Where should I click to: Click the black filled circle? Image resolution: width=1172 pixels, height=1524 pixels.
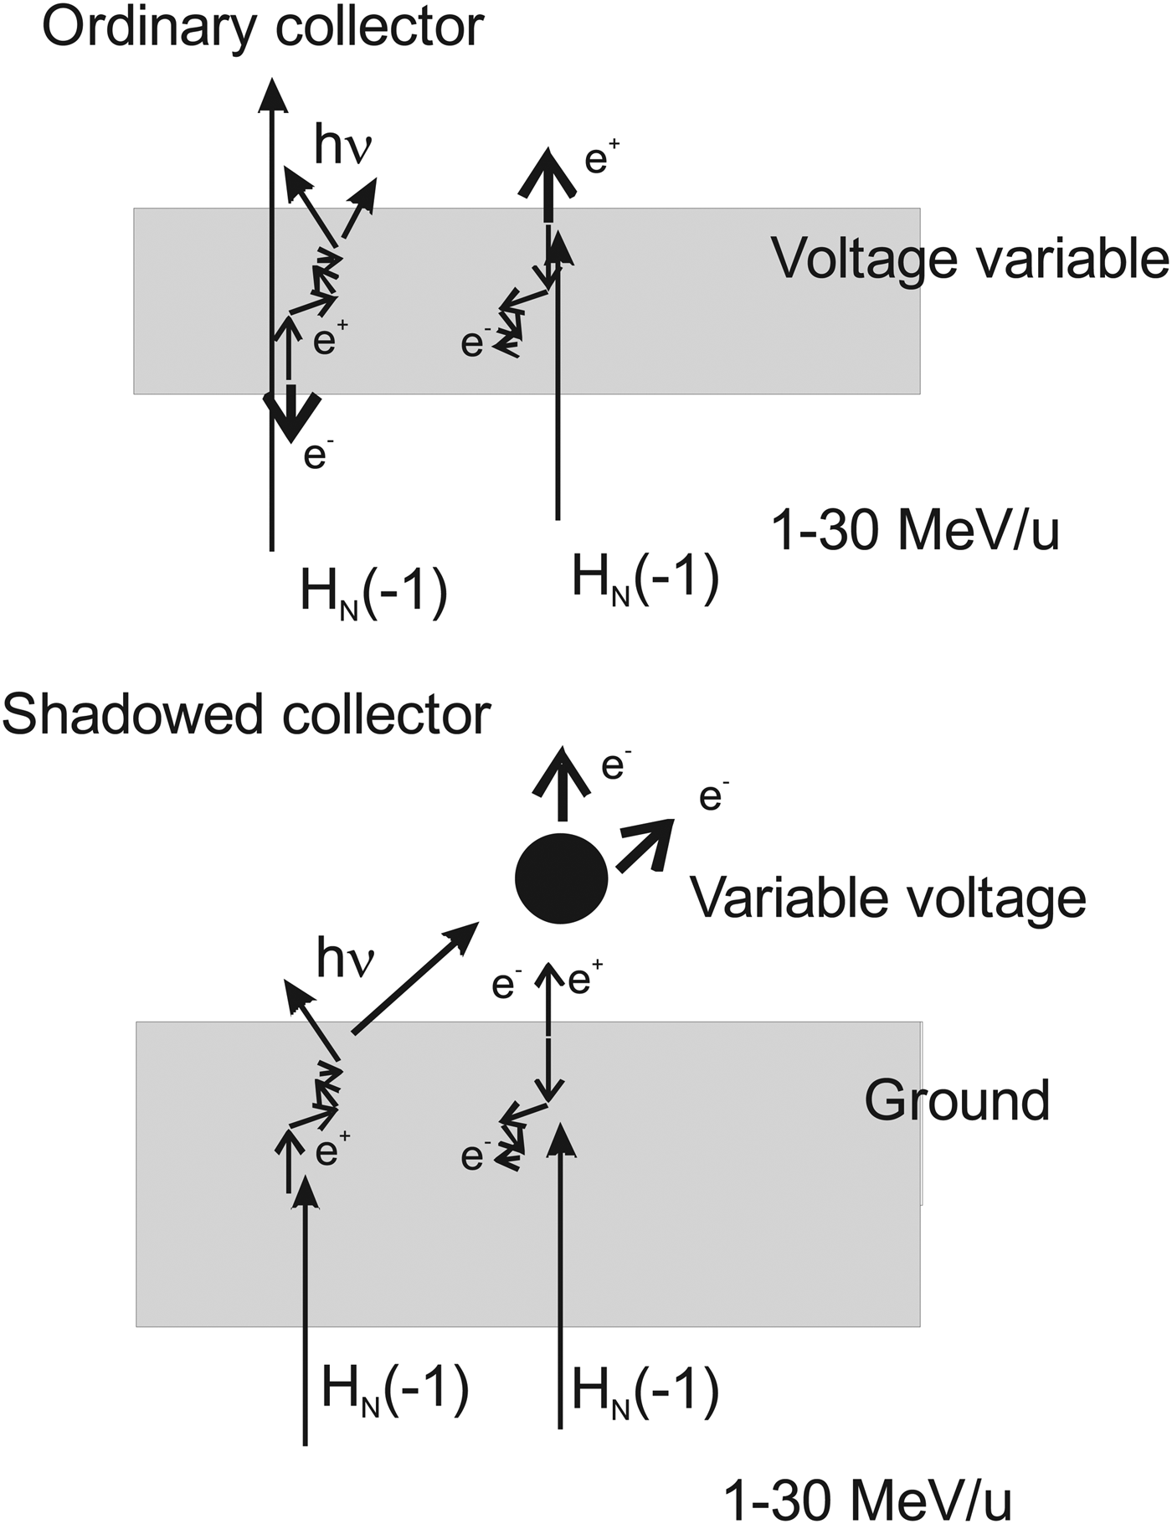[560, 878]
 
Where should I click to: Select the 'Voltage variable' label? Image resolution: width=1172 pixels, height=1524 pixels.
[969, 258]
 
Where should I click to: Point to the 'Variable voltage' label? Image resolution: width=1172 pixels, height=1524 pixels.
[887, 898]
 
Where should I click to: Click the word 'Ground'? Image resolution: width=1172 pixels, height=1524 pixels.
[957, 1100]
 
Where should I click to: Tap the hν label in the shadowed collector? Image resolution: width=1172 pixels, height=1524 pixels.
[344, 959]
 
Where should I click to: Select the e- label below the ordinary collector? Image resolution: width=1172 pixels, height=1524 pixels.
[314, 456]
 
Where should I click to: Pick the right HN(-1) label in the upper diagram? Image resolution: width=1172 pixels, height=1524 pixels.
[645, 579]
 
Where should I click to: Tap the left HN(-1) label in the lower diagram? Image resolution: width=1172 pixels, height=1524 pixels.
[394, 1389]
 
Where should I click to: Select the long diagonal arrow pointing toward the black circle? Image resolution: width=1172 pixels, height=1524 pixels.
[414, 978]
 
